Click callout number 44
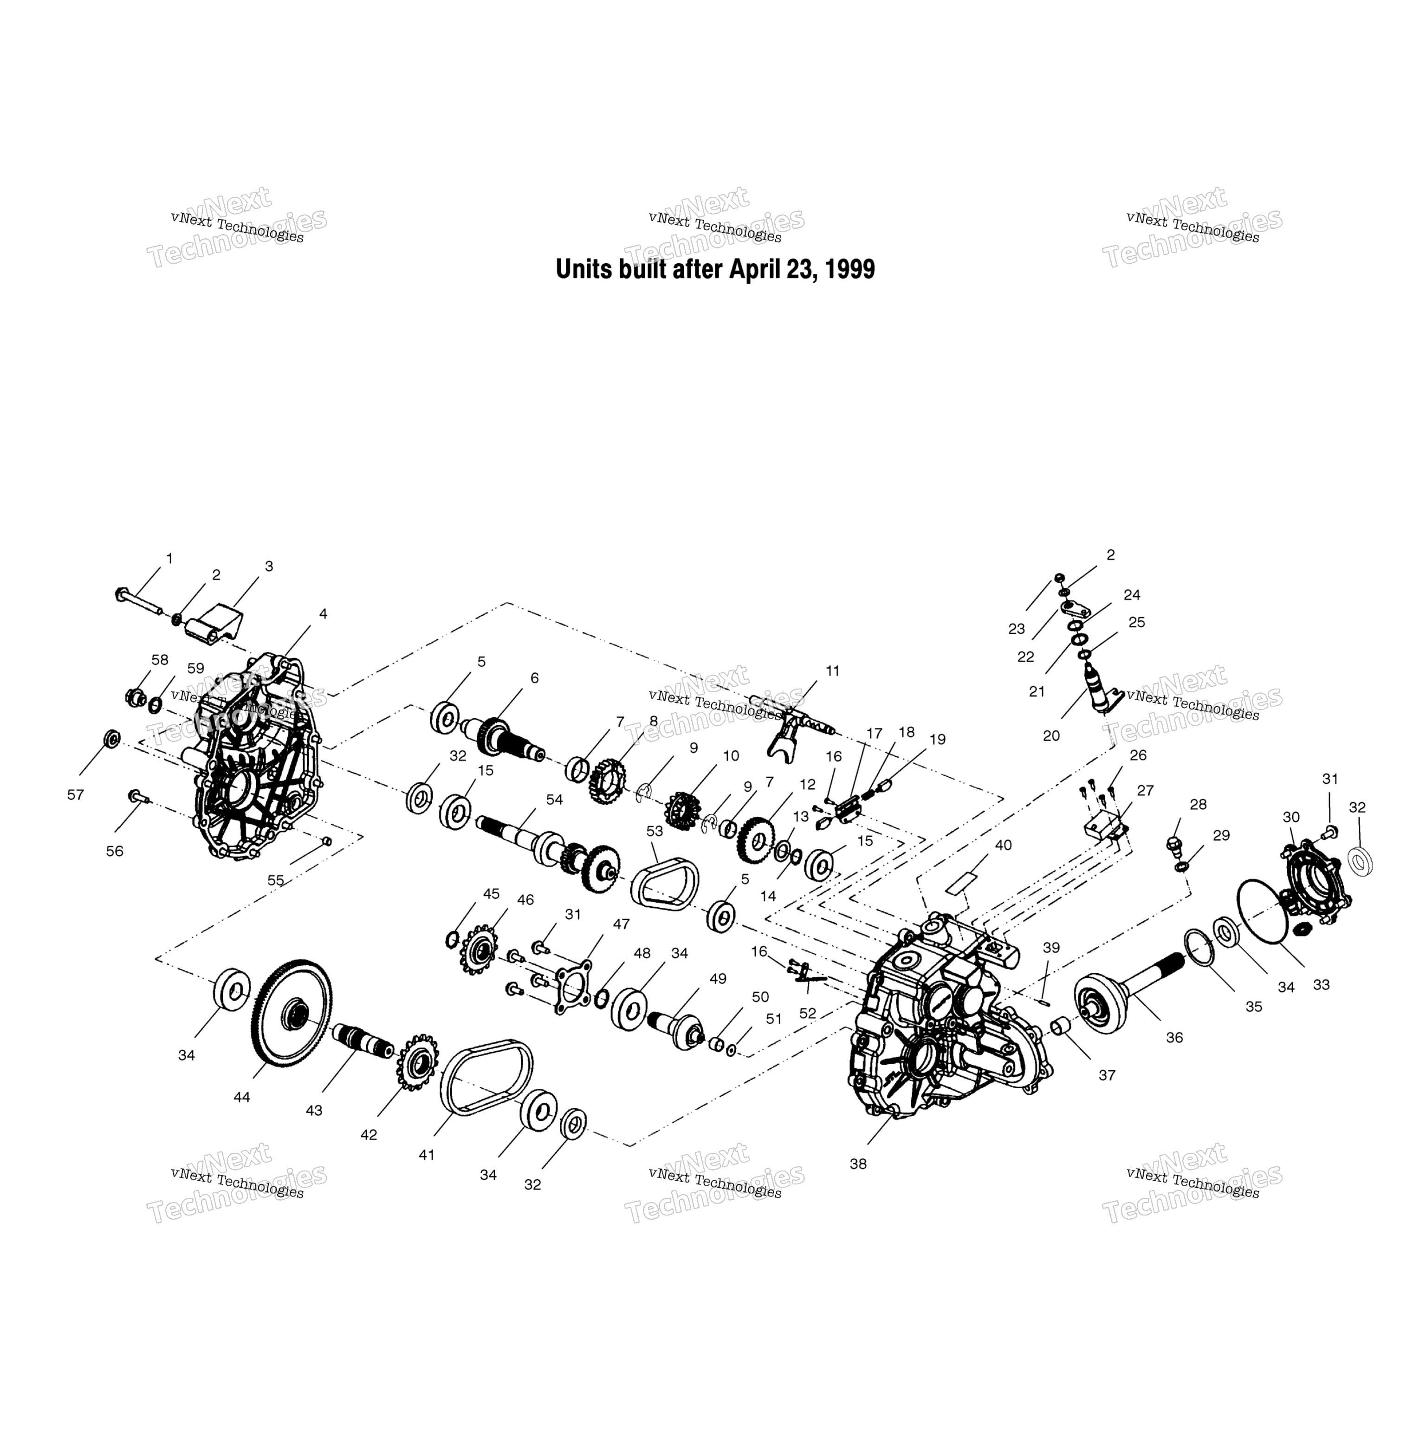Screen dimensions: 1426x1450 [241, 1097]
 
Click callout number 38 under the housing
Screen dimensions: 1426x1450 [858, 1164]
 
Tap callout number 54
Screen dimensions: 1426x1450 [554, 800]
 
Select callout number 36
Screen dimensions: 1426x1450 [1174, 1037]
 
